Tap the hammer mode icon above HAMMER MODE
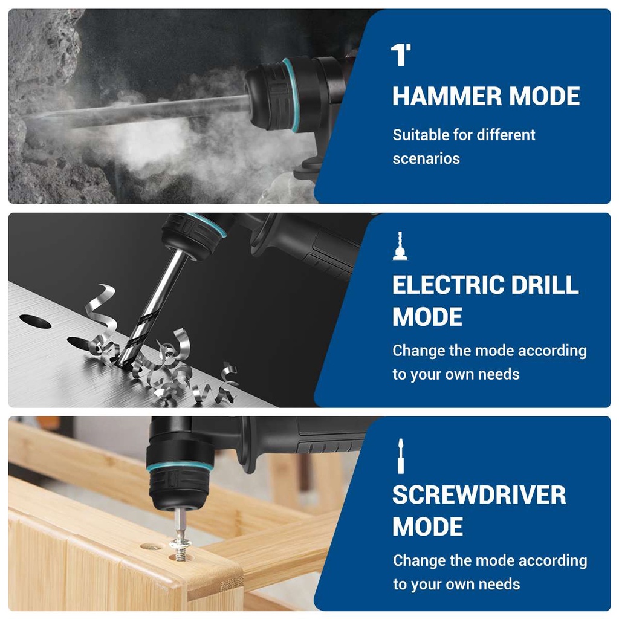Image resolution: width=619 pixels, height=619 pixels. point(401,54)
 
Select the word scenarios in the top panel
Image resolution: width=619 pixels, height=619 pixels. point(426,159)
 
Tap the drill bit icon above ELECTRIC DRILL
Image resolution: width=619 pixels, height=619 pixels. point(400,245)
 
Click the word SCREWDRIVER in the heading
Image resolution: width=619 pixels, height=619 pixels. point(479,495)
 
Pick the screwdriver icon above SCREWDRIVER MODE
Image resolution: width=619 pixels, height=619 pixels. point(400,456)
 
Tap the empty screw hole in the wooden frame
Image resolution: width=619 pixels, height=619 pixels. point(150,546)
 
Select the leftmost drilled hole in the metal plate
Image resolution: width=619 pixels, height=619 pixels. point(35,321)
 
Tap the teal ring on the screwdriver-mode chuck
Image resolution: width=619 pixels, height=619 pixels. point(180,466)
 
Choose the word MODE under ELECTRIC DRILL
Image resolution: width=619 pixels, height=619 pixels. point(427,317)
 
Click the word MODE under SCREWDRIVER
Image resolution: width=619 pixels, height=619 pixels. point(427,527)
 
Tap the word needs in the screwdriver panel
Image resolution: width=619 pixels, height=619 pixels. point(499,584)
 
